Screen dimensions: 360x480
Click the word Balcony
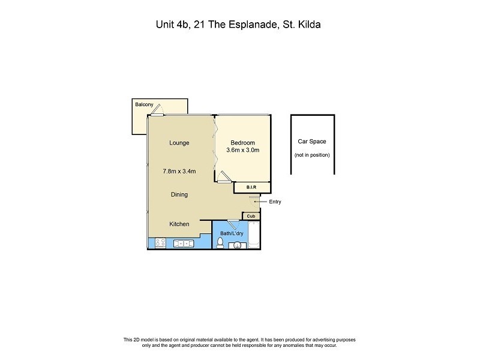pos(143,105)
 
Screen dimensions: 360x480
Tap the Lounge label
pos(179,143)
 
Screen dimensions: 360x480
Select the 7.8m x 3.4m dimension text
pos(179,172)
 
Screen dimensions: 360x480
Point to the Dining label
pos(179,194)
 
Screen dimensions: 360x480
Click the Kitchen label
pos(179,224)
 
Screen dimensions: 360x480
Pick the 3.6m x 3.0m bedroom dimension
pos(243,151)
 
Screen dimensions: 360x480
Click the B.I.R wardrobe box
pos(251,188)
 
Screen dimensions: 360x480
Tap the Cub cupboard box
pos(251,216)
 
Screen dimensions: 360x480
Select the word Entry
pos(275,202)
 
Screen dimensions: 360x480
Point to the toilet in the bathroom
pos(220,243)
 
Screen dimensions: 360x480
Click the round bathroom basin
pos(237,245)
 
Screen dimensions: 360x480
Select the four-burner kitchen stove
pos(160,244)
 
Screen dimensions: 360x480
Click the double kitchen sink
pos(182,244)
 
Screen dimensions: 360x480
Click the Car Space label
pos(312,142)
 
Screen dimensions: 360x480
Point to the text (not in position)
pos(312,155)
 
